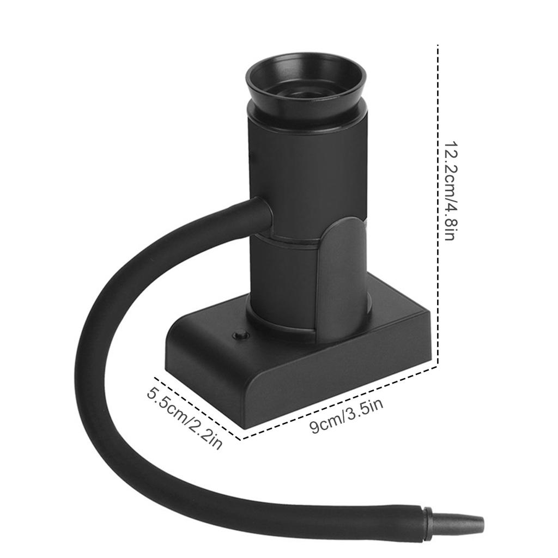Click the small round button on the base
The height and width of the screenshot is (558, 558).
[x=240, y=335]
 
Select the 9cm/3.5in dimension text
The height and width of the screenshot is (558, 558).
[x=346, y=416]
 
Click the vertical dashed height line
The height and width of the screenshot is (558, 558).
[x=438, y=205]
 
